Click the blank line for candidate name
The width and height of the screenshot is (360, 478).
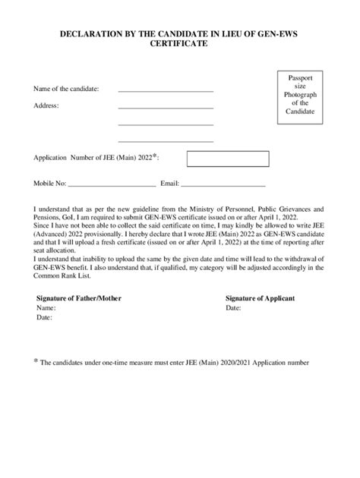click(x=166, y=90)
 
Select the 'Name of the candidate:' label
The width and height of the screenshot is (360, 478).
click(x=66, y=89)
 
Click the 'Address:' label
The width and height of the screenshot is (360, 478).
click(x=46, y=105)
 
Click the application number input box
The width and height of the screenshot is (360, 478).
click(x=228, y=159)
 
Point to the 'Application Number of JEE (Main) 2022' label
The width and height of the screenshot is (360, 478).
click(x=95, y=158)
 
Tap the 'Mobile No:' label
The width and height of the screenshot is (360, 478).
click(x=49, y=184)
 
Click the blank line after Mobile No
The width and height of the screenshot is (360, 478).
click(x=112, y=185)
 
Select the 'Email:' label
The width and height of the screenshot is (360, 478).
click(x=169, y=184)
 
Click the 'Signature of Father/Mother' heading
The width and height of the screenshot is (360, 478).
click(x=79, y=298)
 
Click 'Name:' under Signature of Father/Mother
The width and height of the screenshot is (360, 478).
click(x=46, y=309)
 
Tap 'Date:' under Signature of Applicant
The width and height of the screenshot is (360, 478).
click(x=233, y=309)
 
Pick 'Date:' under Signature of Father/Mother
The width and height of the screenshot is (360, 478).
click(x=44, y=319)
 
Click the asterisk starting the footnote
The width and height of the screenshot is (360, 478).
click(x=35, y=361)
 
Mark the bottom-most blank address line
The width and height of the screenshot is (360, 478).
click(x=166, y=140)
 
